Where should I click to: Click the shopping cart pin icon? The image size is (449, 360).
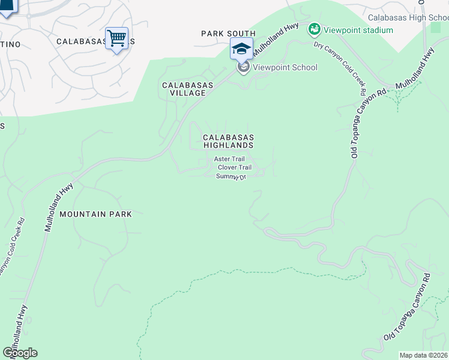tap(116, 38)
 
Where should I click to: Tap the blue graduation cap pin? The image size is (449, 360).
tap(241, 49)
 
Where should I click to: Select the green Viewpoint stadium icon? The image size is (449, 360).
tap(314, 29)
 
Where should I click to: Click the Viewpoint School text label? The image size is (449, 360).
tap(285, 67)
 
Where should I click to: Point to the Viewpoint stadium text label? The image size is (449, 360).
tap(358, 30)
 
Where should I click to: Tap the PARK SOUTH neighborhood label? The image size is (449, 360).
tap(228, 34)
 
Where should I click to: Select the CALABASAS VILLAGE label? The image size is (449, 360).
tap(188, 89)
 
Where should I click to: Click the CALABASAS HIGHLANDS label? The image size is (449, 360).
tap(228, 141)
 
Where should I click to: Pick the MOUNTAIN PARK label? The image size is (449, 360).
tap(95, 214)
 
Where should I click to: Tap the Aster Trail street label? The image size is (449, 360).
tap(230, 159)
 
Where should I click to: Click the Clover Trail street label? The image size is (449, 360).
tap(235, 167)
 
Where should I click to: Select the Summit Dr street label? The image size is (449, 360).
tap(231, 176)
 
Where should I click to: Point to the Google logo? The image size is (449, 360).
tap(20, 352)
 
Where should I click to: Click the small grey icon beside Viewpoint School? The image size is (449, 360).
tap(244, 67)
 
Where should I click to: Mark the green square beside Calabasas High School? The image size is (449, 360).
tap(436, 28)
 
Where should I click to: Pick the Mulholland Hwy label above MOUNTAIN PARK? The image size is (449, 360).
tap(59, 207)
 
